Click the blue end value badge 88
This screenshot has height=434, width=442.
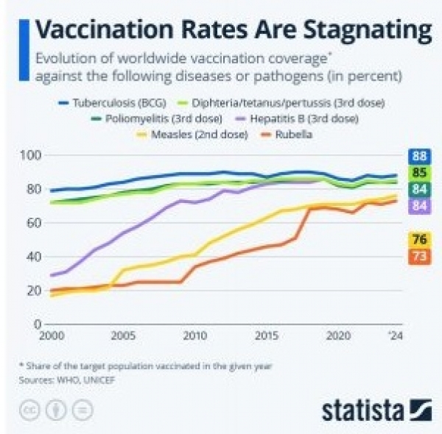tap(419, 156)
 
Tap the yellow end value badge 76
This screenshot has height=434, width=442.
tap(419, 239)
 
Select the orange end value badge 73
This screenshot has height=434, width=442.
tap(419, 256)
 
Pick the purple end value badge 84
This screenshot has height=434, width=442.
tap(419, 206)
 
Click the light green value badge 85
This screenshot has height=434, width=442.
tap(419, 173)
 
